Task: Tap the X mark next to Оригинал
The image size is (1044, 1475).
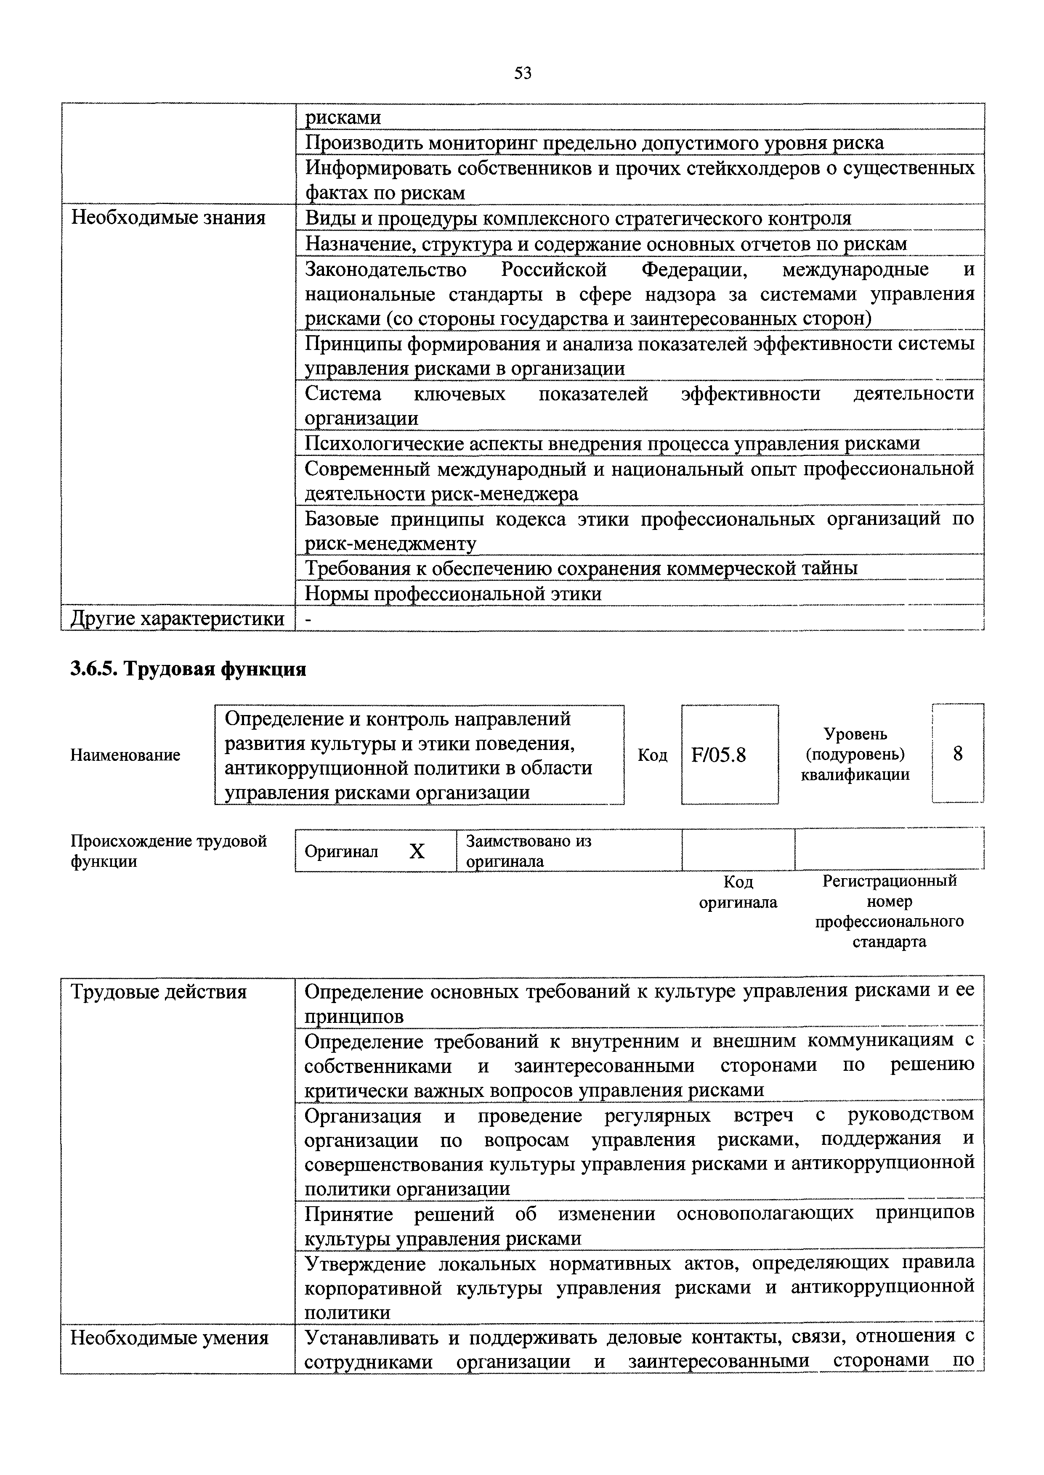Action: click(x=417, y=852)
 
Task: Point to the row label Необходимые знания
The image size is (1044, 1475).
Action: click(x=168, y=218)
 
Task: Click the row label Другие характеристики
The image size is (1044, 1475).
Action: click(x=178, y=618)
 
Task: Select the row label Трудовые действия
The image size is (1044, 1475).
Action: click(x=158, y=992)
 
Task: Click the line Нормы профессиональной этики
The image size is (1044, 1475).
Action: click(x=453, y=593)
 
